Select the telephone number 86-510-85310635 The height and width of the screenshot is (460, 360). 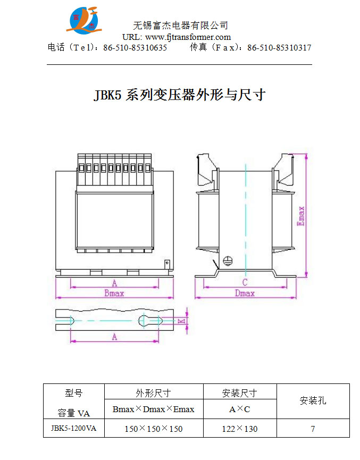coord(135,47)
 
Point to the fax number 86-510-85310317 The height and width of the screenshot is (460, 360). coord(279,47)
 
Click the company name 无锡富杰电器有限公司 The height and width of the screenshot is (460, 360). coord(180,25)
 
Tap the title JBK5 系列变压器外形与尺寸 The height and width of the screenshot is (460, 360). coord(180,95)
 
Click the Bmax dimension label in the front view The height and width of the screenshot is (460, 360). coord(114,293)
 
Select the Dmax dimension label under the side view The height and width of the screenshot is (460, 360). coord(245,293)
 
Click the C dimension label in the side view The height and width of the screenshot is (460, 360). coord(245,282)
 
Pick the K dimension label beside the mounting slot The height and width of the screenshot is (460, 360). coord(181,321)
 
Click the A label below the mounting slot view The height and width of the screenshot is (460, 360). coord(114,337)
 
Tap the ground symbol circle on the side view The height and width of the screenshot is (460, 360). coord(227,261)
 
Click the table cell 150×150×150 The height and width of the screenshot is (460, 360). coord(154,429)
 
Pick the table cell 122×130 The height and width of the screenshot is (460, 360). coord(239,429)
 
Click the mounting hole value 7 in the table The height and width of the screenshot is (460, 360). coord(313,429)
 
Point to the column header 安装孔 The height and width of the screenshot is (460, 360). coord(313,400)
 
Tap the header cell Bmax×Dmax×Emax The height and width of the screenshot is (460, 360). coord(154,409)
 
